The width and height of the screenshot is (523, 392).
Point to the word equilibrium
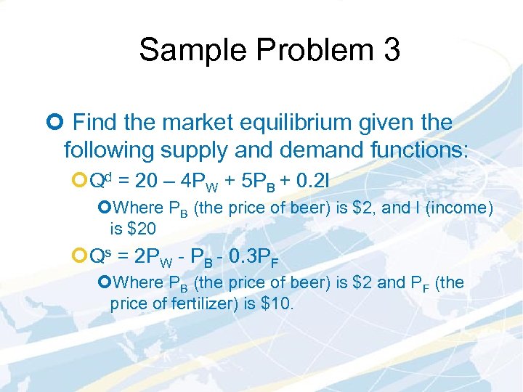click(270, 122)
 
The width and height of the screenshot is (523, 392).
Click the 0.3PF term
click(254, 256)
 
